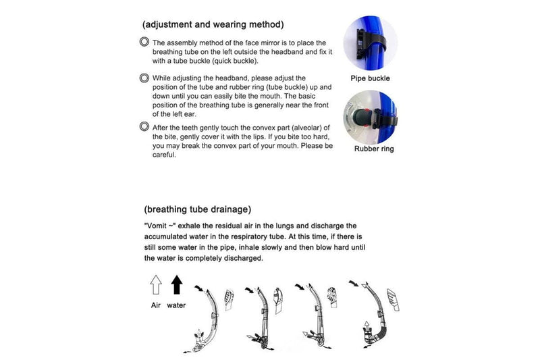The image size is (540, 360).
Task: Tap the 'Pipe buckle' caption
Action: point(370,78)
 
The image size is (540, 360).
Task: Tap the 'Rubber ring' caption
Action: point(374,149)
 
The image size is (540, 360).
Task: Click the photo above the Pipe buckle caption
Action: point(369,42)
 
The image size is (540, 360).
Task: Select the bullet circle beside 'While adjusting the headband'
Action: point(144,78)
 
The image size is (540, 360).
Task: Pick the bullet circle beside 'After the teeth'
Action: point(144,126)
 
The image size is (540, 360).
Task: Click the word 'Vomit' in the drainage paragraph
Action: point(157,226)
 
